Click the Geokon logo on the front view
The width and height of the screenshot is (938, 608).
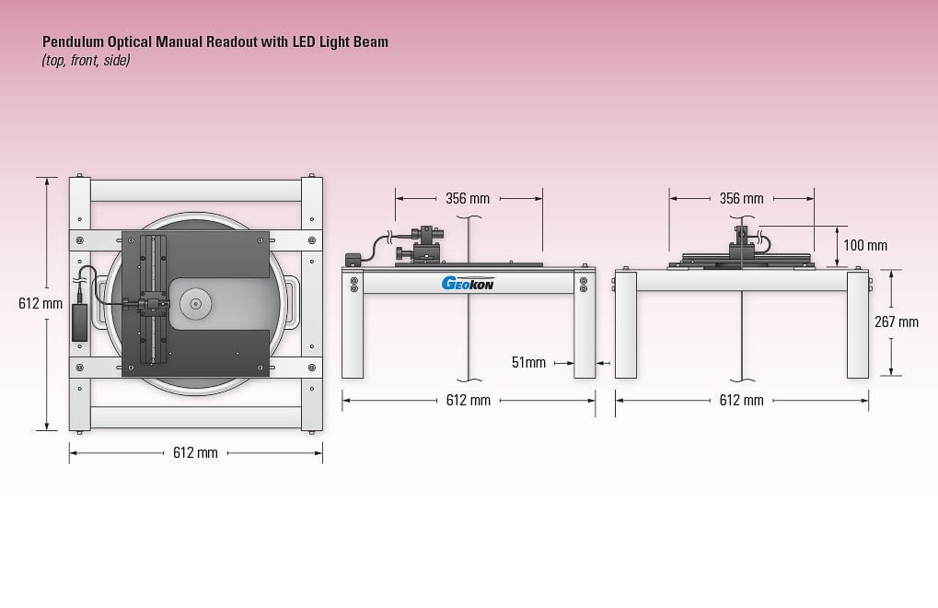click(469, 284)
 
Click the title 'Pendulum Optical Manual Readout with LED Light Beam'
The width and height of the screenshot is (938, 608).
click(215, 42)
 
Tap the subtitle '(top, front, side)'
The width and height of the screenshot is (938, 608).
click(86, 61)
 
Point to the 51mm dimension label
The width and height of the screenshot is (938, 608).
click(528, 363)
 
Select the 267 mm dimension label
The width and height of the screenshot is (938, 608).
click(897, 322)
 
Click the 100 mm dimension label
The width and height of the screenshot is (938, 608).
click(865, 246)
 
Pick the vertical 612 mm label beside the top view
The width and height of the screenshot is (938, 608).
click(40, 303)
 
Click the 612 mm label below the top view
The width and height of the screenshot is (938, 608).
click(195, 452)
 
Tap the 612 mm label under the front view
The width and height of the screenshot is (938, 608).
click(468, 400)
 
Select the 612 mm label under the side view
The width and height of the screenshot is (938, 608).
click(741, 400)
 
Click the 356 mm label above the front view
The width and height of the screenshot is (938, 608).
click(468, 198)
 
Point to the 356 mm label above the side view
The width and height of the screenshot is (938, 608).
click(741, 198)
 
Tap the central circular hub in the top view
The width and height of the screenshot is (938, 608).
click(195, 301)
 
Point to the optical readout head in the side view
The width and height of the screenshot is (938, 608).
click(743, 241)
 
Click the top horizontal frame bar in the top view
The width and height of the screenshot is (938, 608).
click(195, 191)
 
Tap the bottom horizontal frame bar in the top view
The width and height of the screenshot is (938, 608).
click(195, 416)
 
